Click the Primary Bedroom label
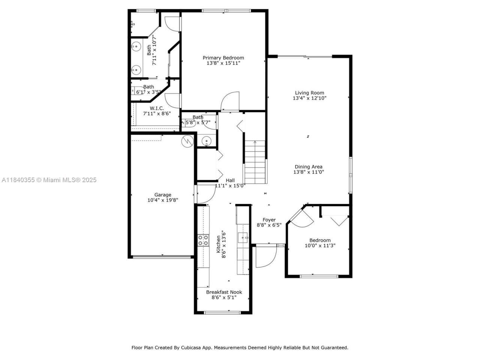(223, 58)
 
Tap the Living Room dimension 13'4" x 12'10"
(309, 98)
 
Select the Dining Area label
(308, 167)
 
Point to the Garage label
(163, 195)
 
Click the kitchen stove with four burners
(203, 240)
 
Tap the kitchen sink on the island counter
(243, 237)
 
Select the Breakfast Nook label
(224, 292)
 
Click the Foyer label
(269, 220)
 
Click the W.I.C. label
(156, 108)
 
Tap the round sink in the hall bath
(206, 141)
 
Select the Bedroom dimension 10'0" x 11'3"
(320, 246)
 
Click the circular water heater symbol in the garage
(187, 141)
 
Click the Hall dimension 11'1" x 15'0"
(230, 185)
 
